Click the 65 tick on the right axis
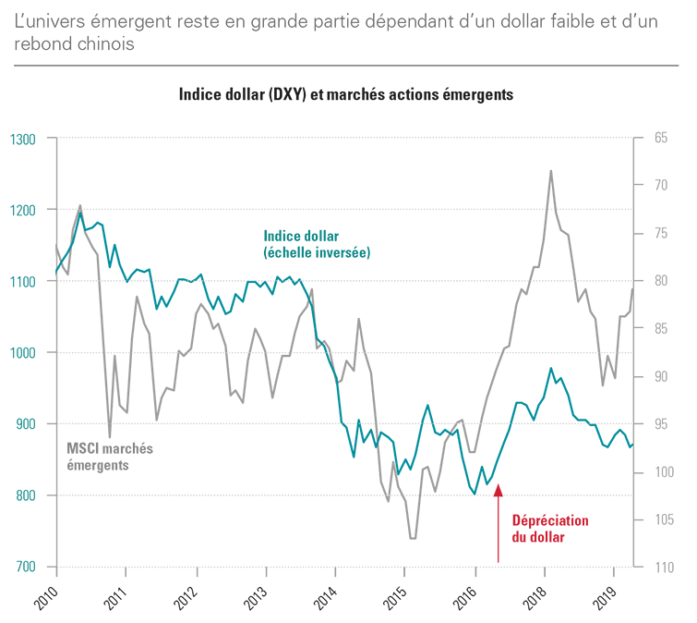coord(660,138)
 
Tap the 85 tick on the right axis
coord(660,329)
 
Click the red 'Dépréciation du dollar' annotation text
coord(549,528)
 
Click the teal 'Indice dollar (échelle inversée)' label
coord(316,243)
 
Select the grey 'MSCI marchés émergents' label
coord(110,457)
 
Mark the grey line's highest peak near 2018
coord(551,171)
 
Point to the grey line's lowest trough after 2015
coord(412,538)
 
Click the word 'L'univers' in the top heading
coord(51,21)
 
